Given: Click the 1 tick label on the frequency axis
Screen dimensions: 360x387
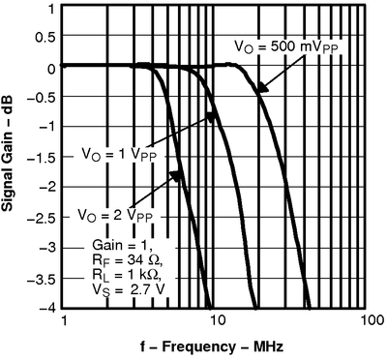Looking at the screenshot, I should click(x=64, y=320).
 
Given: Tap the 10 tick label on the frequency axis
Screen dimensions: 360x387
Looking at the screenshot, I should click(x=215, y=320).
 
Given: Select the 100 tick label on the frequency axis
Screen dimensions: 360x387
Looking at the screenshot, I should click(x=367, y=320).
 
